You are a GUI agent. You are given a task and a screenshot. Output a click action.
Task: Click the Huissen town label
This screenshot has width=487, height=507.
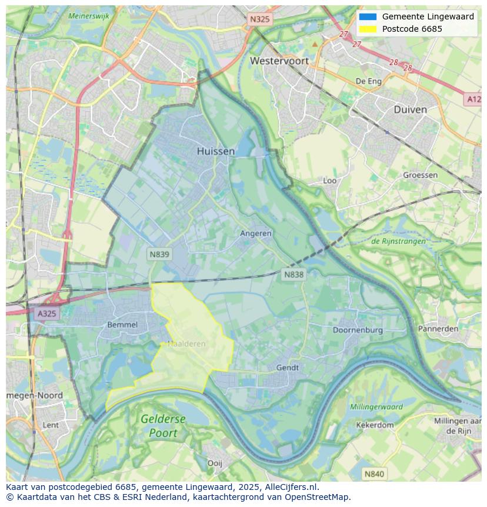click(x=216, y=151)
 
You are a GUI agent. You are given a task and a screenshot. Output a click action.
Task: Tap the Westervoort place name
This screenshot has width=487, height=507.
click(x=279, y=61)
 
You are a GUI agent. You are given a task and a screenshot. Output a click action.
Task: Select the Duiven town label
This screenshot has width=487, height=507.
click(x=410, y=110)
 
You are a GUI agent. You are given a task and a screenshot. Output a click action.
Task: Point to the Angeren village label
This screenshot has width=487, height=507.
click(x=256, y=233)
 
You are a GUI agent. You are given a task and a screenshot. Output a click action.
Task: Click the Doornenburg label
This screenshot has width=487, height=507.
click(x=358, y=330)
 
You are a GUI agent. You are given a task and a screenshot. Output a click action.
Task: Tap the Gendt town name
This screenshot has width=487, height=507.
click(x=288, y=367)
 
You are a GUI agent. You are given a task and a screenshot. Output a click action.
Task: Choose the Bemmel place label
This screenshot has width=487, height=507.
click(x=122, y=324)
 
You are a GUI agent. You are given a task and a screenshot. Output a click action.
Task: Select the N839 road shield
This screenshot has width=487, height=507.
click(x=158, y=254)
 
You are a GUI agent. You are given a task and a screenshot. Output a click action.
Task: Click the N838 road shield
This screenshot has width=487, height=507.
click(x=293, y=274)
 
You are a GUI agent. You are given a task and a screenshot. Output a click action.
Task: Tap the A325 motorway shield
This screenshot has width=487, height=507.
click(x=46, y=313)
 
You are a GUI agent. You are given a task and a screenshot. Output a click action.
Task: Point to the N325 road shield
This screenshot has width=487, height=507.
click(x=259, y=19)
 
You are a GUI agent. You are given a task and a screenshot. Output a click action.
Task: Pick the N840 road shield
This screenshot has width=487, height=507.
click(x=374, y=473)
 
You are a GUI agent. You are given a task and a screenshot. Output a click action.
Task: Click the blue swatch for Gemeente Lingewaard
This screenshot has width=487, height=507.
click(x=368, y=17)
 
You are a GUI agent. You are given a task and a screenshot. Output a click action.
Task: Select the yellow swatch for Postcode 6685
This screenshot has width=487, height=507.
click(x=368, y=29)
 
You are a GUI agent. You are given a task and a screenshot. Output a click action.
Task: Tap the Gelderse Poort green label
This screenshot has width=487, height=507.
click(x=163, y=426)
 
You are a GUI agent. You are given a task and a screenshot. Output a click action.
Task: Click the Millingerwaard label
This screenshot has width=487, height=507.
click(x=376, y=406)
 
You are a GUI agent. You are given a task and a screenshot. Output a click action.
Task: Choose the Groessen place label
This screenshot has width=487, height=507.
click(x=420, y=175)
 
